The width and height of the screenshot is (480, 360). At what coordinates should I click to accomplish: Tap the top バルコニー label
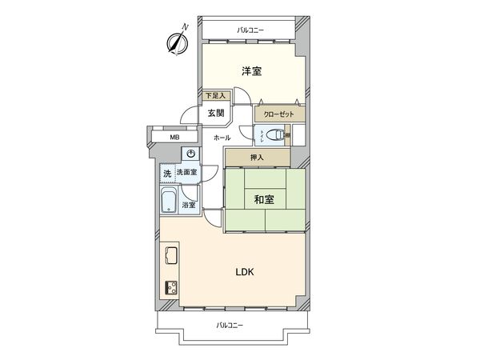250,30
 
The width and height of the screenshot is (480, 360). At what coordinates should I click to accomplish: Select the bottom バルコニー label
230,325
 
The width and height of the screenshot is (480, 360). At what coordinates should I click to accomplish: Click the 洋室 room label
252,71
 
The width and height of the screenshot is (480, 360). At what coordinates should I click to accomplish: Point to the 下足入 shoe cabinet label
214,96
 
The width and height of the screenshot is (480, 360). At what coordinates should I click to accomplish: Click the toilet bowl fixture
270,134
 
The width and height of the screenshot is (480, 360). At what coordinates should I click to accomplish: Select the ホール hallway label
222,138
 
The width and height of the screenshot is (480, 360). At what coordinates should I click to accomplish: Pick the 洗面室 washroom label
188,173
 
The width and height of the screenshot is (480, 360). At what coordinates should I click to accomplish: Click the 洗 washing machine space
167,173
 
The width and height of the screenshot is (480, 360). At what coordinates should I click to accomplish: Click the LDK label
244,272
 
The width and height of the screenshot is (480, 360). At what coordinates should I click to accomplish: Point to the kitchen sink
171,257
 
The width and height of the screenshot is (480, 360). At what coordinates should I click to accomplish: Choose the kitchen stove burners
171,287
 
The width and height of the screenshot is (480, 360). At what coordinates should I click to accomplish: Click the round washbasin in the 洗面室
190,154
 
